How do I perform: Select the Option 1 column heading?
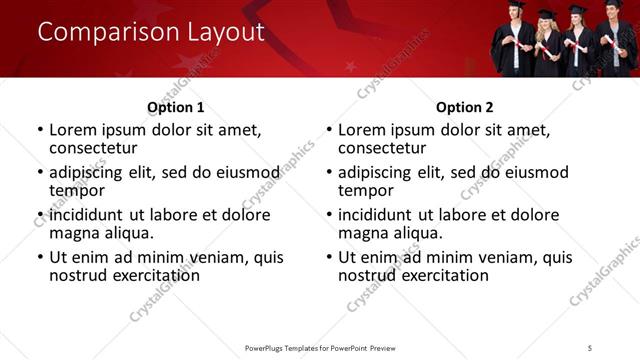[175, 107]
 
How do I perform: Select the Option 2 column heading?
[464, 107]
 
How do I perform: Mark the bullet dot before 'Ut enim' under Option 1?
[40, 257]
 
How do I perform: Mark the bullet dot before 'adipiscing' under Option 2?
[329, 172]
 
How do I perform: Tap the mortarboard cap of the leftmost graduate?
[515, 5]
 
